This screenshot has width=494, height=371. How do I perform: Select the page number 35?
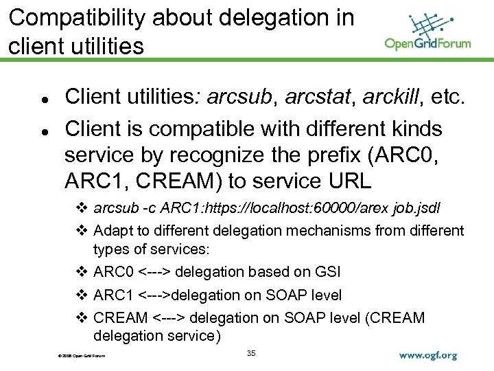(250, 353)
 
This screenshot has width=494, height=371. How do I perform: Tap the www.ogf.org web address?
(427, 356)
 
